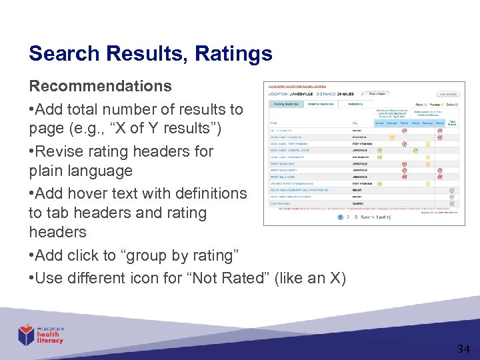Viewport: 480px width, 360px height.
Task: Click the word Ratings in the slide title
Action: click(x=233, y=53)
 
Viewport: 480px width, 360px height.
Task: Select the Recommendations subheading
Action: click(x=100, y=87)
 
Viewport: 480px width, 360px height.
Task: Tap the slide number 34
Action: click(x=463, y=349)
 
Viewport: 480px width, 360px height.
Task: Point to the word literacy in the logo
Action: click(x=51, y=341)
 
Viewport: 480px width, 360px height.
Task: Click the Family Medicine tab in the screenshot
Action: click(x=287, y=104)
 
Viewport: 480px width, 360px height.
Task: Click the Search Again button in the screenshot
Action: click(x=377, y=93)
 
